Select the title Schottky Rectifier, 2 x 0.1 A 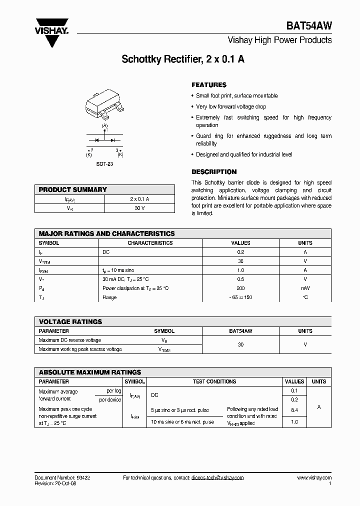point(183,59)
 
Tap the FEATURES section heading point(209,85)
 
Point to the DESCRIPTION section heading point(214,171)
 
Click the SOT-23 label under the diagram point(104,164)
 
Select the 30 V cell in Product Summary point(139,207)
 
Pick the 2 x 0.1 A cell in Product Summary point(139,198)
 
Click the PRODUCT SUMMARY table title point(73,189)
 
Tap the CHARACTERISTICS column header point(150,243)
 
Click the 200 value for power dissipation point(240,288)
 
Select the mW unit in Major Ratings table point(305,288)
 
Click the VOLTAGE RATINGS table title point(70,321)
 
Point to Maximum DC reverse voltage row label point(69,340)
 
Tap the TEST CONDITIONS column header point(214,381)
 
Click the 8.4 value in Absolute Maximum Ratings point(294,409)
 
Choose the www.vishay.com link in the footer point(314,477)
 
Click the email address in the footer point(217,477)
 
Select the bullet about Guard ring point(262,139)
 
